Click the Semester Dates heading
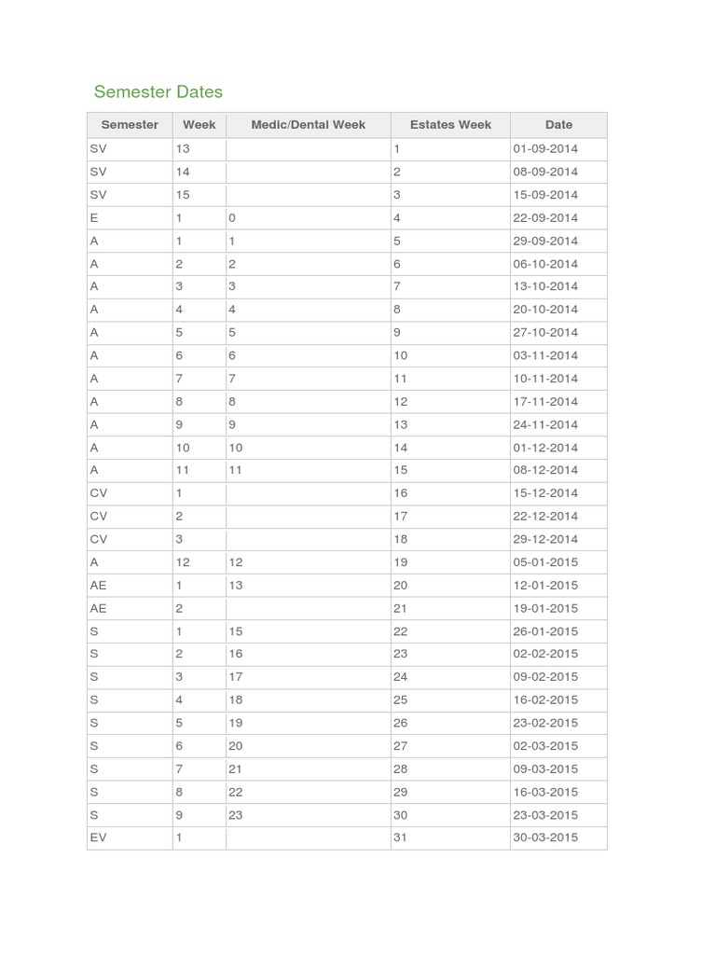tap(158, 91)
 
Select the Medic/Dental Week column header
tap(308, 125)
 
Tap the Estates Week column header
tap(450, 125)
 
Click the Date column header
tap(558, 125)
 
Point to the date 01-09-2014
tap(545, 149)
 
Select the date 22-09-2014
tap(545, 218)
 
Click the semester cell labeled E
tap(94, 218)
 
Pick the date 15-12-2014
tap(545, 493)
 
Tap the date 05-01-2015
tap(545, 562)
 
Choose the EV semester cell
tap(99, 837)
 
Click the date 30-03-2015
tap(545, 837)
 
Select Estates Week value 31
tap(401, 837)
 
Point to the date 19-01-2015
tap(545, 608)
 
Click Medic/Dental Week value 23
tap(236, 815)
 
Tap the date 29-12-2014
tap(545, 539)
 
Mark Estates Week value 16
tap(401, 493)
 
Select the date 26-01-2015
tap(545, 631)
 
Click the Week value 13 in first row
tap(183, 149)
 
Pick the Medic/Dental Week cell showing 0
tap(232, 218)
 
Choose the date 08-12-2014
tap(545, 471)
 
